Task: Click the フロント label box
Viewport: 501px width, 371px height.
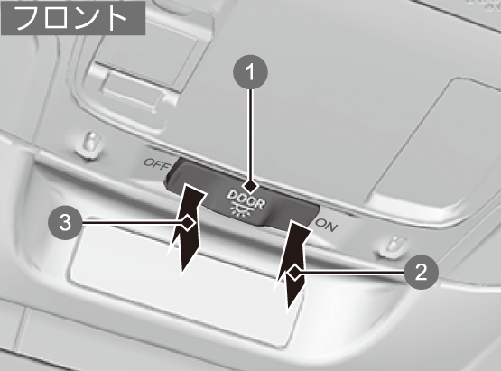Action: pos(73,18)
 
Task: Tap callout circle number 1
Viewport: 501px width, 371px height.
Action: pos(251,72)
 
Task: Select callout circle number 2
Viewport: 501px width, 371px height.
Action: pos(421,273)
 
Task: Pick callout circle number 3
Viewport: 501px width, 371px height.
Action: pos(65,222)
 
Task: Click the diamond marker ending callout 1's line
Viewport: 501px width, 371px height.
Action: pos(251,187)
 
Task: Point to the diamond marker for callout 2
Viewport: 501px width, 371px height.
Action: pos(294,273)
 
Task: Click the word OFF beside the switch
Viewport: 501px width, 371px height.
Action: pos(156,164)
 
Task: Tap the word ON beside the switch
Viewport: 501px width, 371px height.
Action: pos(326,225)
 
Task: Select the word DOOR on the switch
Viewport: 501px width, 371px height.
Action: pos(246,199)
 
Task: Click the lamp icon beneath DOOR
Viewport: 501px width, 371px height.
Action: pos(239,210)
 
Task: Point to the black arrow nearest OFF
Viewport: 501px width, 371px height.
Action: pos(186,230)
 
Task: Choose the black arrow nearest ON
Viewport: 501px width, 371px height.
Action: pos(292,265)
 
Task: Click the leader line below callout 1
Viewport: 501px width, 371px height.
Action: pos(251,134)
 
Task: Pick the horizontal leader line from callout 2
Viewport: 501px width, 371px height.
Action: pos(352,273)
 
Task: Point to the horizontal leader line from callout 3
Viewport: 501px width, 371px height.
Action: pos(131,222)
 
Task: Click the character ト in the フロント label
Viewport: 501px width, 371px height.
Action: pos(117,18)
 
